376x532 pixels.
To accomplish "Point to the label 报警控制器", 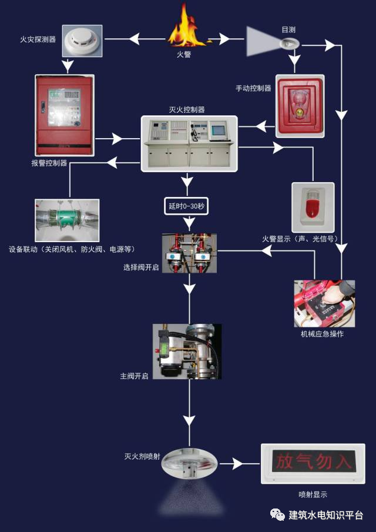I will point(49,163).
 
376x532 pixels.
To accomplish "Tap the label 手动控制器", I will point(254,88).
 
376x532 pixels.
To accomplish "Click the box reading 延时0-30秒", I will point(186,206).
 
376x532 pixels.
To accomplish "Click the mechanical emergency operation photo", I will point(324,302).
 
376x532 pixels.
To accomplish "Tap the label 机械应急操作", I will point(322,334).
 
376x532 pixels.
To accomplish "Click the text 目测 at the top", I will point(288,29).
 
